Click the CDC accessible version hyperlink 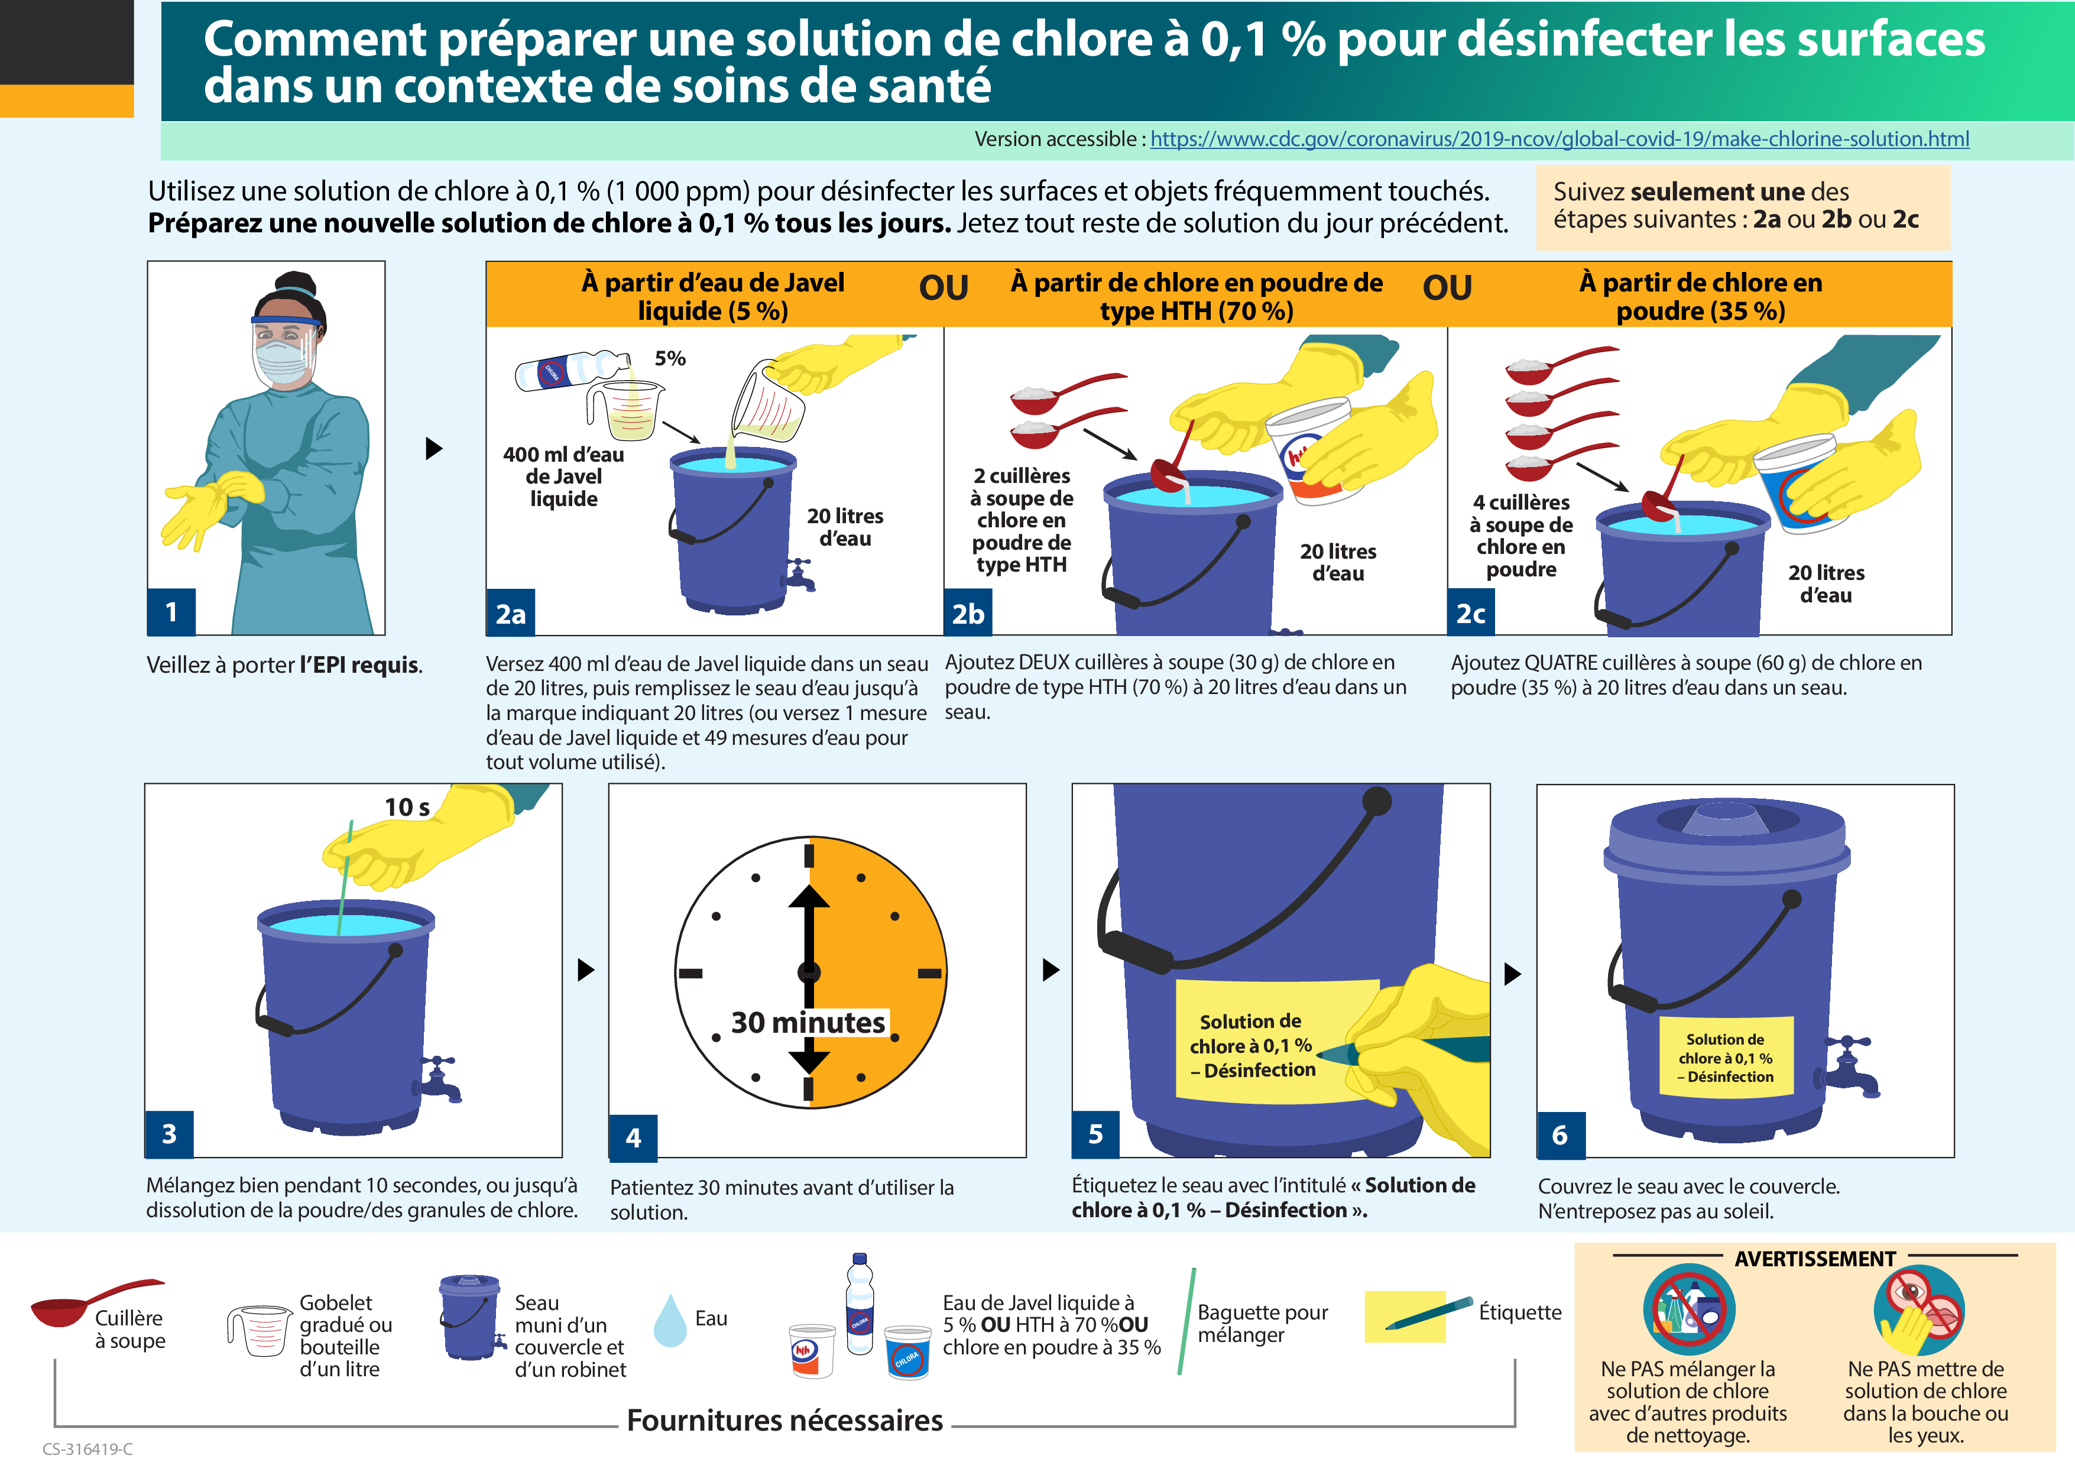1559,140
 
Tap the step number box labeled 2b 967,614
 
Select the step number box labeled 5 1095,1134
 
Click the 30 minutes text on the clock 808,1023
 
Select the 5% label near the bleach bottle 670,359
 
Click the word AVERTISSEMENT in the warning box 1815,1259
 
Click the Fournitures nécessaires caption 784,1421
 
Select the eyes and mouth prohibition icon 1918,1311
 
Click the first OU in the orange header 944,288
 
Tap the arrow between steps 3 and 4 586,970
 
